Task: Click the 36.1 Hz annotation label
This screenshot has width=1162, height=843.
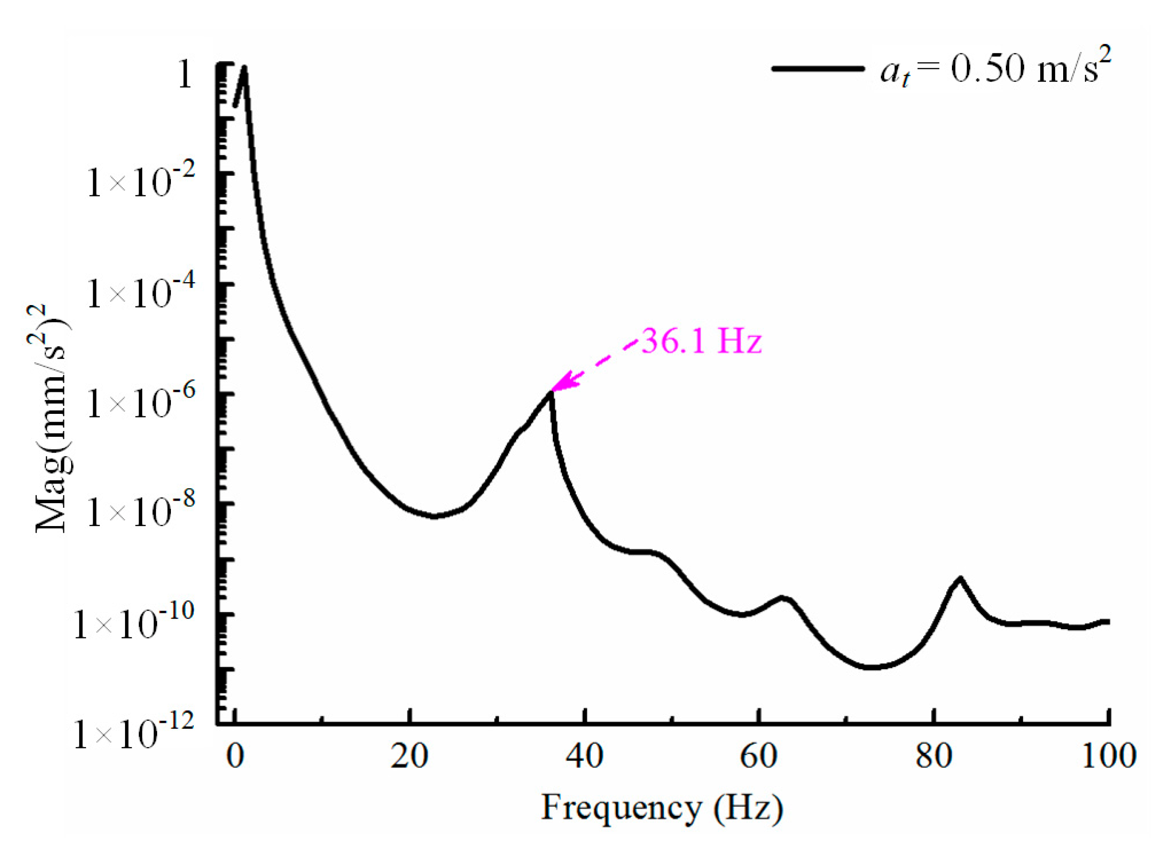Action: [x=701, y=341]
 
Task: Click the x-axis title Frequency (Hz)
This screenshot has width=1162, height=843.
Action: [x=662, y=808]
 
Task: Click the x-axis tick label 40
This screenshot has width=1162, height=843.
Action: [x=583, y=756]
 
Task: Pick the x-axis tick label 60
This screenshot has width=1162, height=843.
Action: [x=759, y=756]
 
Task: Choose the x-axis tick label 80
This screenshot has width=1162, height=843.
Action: [x=934, y=756]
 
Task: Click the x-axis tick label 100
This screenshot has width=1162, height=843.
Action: [x=1108, y=756]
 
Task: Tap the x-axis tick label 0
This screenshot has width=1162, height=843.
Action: [x=235, y=756]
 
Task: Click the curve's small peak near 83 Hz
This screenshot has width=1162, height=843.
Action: [x=960, y=579]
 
